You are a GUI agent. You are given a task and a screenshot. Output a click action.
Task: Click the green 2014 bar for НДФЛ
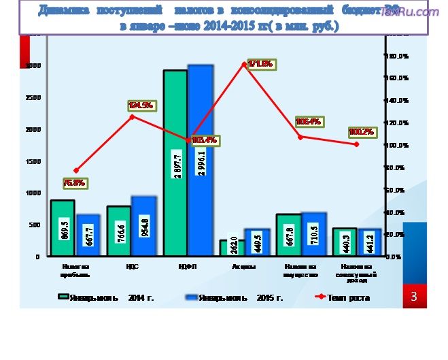tap(175, 163)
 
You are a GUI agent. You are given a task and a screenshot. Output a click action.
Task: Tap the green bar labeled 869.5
tap(63, 228)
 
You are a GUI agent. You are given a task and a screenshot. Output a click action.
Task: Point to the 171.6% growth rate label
tap(260, 64)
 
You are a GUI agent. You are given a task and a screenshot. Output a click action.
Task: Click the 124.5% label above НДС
tap(141, 105)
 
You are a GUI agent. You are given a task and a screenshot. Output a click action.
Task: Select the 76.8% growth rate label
tap(74, 183)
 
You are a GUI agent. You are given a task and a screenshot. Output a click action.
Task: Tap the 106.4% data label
tap(308, 122)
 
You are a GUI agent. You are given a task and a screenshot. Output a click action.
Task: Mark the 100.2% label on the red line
tap(362, 131)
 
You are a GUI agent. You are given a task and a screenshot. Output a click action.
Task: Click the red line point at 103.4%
tap(188, 141)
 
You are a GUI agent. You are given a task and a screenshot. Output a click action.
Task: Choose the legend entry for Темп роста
tap(343, 297)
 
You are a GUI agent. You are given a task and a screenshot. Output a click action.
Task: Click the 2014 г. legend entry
tap(106, 297)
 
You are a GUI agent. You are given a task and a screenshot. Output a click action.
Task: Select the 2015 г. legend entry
tap(234, 297)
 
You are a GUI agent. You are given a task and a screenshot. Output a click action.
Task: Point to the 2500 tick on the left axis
tap(33, 97)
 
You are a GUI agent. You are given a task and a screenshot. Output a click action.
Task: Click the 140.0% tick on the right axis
tap(397, 100)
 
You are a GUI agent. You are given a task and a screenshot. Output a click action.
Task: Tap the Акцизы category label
tap(243, 267)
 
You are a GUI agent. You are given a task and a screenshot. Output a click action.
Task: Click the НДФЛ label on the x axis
tap(187, 267)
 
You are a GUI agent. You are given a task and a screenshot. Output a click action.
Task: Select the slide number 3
tap(414, 297)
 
